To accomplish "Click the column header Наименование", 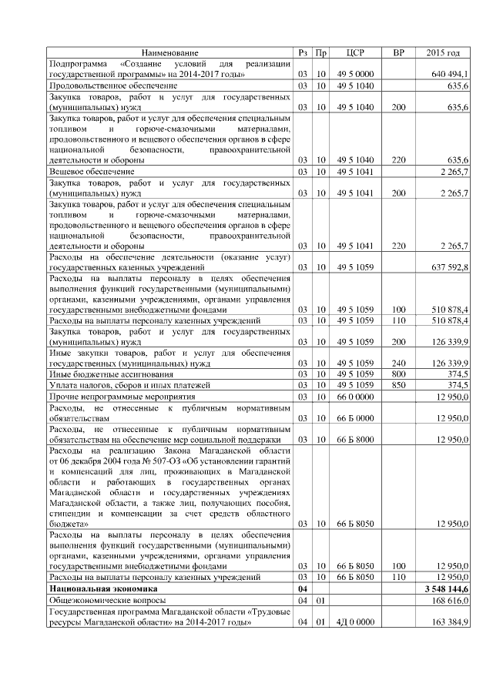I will pyautogui.click(x=169, y=52).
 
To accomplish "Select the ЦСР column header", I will pyautogui.click(x=355, y=52).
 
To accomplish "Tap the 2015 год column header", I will pyautogui.click(x=443, y=52).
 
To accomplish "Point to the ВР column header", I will pyautogui.click(x=398, y=52).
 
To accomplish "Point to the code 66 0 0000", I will pyautogui.click(x=355, y=396).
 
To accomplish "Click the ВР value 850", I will pyautogui.click(x=398, y=384).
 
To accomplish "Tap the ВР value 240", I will pyautogui.click(x=398, y=362).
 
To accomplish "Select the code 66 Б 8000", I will pyautogui.click(x=355, y=439).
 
